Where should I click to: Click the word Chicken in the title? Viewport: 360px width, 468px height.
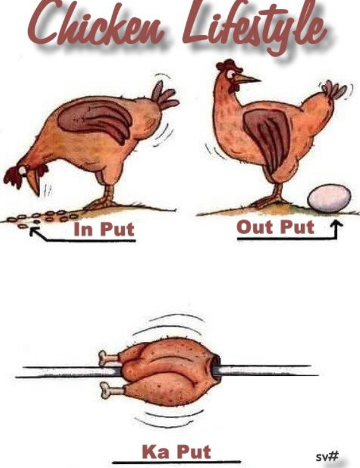(96, 25)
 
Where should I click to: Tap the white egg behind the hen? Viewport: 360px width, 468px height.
(330, 198)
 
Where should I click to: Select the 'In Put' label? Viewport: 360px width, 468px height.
(104, 229)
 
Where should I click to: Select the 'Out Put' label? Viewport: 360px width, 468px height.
(275, 228)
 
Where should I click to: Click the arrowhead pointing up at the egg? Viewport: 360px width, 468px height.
(337, 224)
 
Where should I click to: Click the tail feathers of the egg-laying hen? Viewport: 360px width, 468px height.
(335, 89)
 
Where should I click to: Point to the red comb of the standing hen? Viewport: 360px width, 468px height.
(228, 65)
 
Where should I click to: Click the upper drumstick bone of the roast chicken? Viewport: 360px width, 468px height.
(108, 358)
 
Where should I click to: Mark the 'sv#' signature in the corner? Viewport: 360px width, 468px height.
(327, 457)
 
